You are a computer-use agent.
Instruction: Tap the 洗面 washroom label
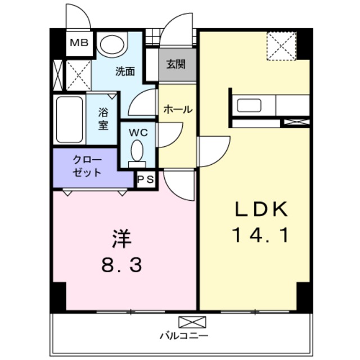(x=125, y=71)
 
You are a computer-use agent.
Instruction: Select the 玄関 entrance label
(x=176, y=64)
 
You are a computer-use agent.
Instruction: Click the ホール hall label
(x=178, y=110)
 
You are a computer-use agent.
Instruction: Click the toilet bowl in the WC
(x=137, y=151)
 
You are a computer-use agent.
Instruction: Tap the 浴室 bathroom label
(x=103, y=118)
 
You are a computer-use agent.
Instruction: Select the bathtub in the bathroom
(x=69, y=120)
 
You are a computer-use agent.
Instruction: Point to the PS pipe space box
(x=145, y=180)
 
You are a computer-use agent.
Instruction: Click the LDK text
(x=262, y=209)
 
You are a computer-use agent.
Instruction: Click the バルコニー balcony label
(x=184, y=336)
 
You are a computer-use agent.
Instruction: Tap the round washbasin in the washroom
(x=113, y=44)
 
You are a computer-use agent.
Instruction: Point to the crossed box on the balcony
(x=184, y=322)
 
